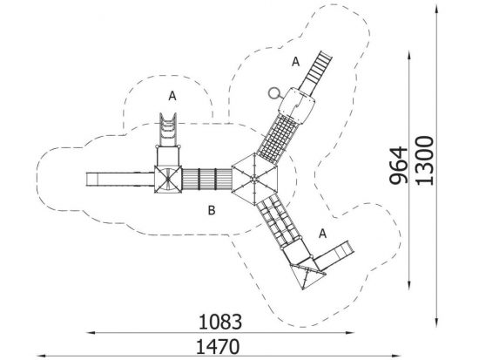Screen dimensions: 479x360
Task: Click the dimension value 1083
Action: click(x=220, y=322)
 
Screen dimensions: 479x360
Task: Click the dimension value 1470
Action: click(x=218, y=347)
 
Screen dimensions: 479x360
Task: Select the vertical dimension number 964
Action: click(x=399, y=166)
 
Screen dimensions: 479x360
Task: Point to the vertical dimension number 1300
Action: click(x=425, y=161)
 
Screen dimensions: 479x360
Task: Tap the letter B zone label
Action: click(x=212, y=210)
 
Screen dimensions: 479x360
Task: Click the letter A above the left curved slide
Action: click(x=172, y=96)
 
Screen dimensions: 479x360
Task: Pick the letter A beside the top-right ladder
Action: click(x=295, y=62)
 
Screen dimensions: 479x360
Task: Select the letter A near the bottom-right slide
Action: click(x=322, y=234)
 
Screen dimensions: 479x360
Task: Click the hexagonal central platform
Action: click(x=254, y=179)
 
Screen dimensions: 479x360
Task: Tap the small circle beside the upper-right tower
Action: click(x=274, y=93)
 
